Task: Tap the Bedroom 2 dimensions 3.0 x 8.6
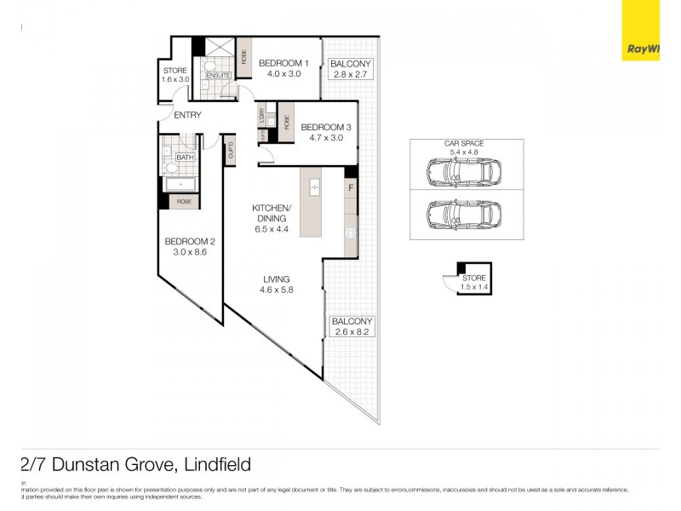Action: point(190,252)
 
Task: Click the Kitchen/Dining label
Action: point(272,213)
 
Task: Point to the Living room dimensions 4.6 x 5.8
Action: point(277,290)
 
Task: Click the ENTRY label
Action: point(187,115)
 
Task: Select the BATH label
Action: point(184,158)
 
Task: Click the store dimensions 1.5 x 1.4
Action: point(474,288)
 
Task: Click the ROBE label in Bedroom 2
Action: point(183,202)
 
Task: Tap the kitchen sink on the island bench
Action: point(314,186)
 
